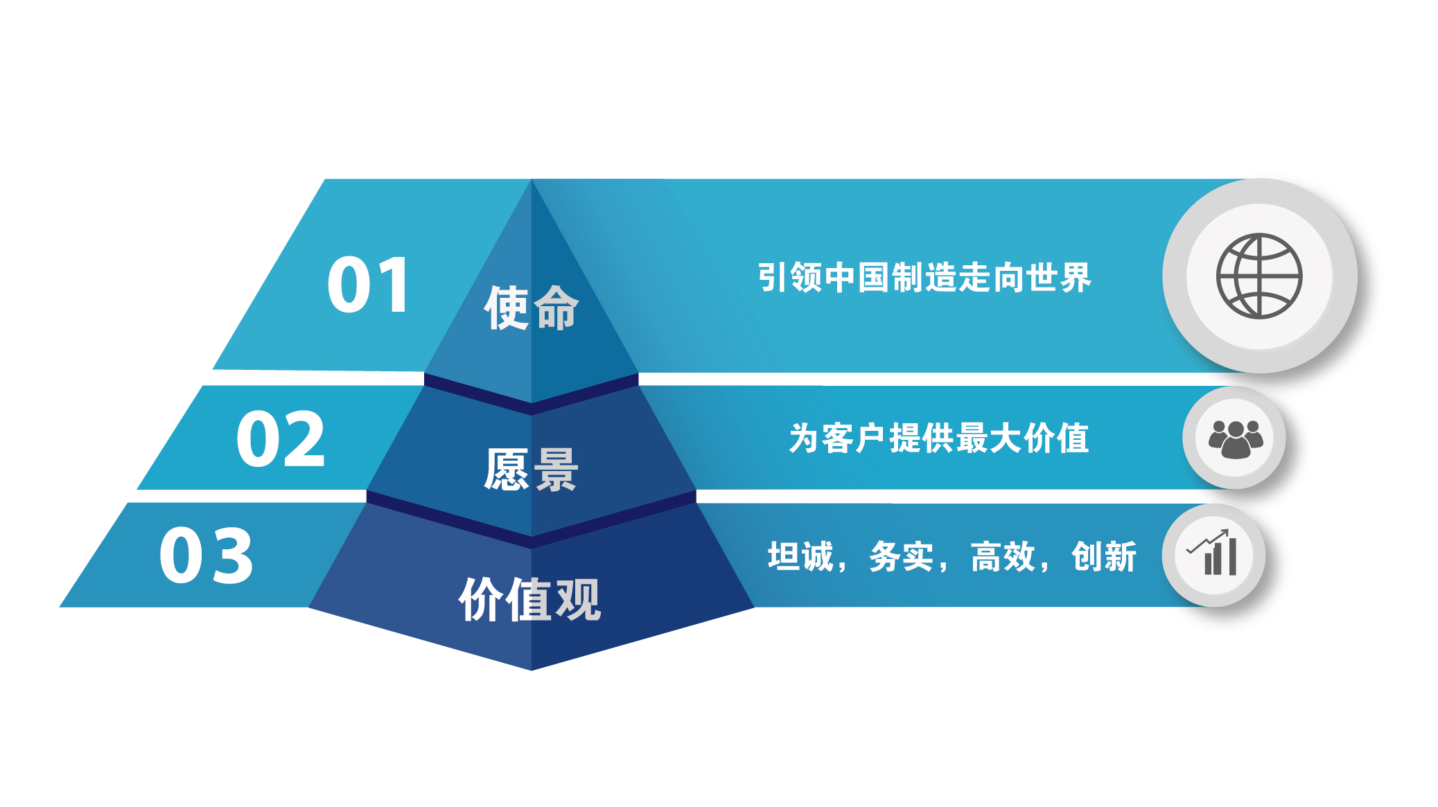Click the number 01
[369, 285]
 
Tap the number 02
[281, 438]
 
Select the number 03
[207, 555]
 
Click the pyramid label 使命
[531, 308]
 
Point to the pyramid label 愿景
[531, 470]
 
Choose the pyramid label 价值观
[530, 599]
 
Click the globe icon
[1259, 276]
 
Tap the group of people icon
[1235, 439]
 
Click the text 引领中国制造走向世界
[924, 278]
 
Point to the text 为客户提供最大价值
[939, 438]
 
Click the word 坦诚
[800, 557]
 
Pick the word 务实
[902, 557]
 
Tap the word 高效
[1003, 557]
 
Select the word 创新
[1104, 557]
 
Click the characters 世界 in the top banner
[1059, 278]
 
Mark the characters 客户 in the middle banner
[855, 438]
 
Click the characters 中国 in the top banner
[858, 278]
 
